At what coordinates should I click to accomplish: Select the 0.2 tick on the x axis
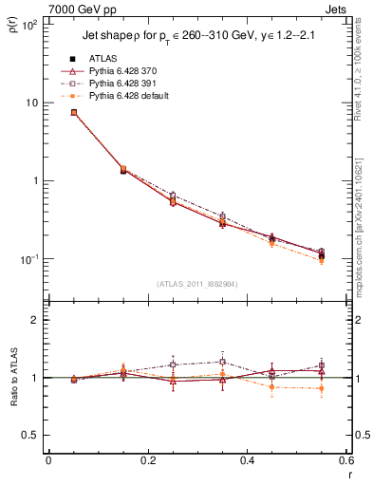coord(146,461)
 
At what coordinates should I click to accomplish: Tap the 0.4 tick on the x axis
coord(246,461)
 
